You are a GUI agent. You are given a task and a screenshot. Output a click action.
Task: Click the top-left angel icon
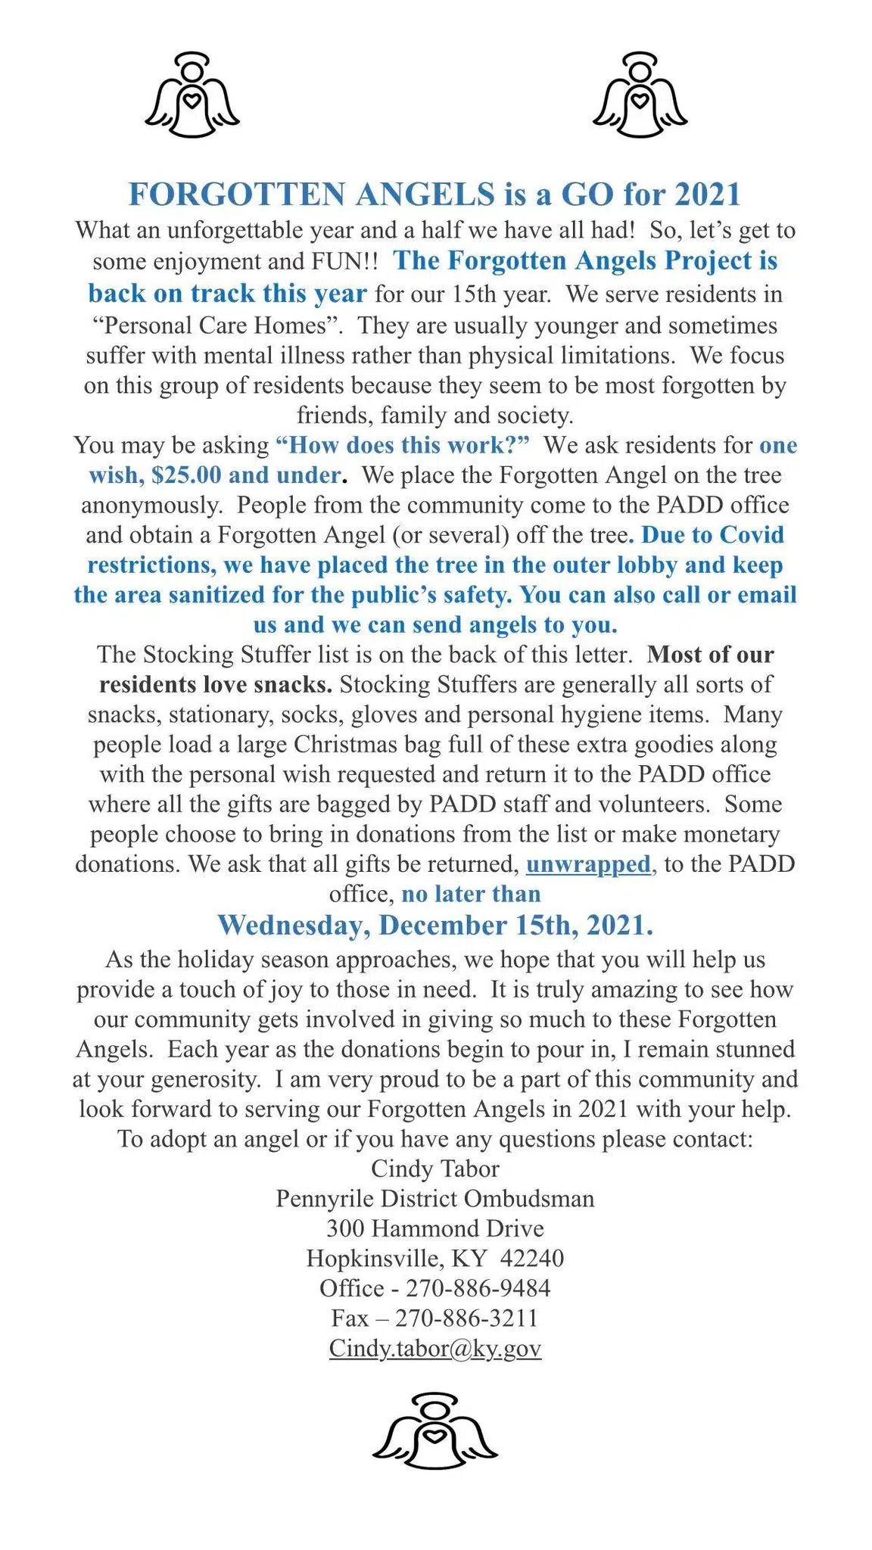(192, 95)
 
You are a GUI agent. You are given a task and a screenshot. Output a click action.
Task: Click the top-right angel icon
(640, 95)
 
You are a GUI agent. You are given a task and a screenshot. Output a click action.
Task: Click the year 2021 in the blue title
(707, 195)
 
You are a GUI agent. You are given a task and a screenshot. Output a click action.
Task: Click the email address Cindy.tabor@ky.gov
(434, 1348)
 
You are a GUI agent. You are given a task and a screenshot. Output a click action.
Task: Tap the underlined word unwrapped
(588, 864)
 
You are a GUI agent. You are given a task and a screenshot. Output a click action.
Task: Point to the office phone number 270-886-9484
(478, 1287)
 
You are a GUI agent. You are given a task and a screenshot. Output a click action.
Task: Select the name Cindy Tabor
(434, 1168)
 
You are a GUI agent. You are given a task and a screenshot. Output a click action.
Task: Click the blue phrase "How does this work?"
(403, 444)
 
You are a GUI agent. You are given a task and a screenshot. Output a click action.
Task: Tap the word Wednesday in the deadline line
(292, 925)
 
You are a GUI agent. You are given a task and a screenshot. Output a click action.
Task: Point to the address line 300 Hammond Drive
(434, 1228)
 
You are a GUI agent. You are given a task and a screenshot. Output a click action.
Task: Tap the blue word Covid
(751, 534)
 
